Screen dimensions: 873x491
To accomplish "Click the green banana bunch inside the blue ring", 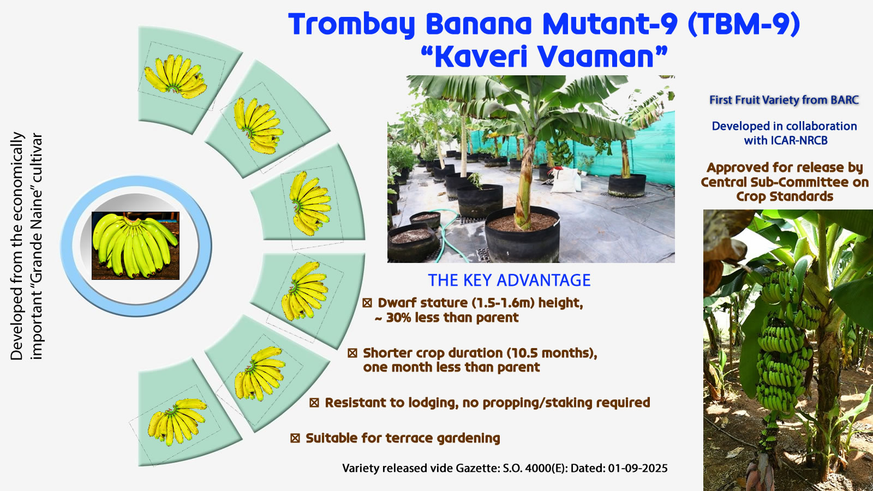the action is pyautogui.click(x=136, y=245).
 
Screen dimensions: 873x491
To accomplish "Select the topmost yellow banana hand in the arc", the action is pyautogui.click(x=175, y=76).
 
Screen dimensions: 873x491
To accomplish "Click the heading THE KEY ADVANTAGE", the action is pyautogui.click(x=509, y=280).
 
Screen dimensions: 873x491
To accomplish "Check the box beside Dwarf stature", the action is pyautogui.click(x=367, y=303).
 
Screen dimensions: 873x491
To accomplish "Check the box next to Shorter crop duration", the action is pyautogui.click(x=352, y=353).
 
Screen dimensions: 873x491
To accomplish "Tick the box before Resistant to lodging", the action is pyautogui.click(x=314, y=403).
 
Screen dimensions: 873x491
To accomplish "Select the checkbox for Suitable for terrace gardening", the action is pyautogui.click(x=295, y=439).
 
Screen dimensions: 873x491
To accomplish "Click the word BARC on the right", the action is pyautogui.click(x=845, y=100).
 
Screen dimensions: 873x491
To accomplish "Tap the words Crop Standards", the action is pyautogui.click(x=785, y=196).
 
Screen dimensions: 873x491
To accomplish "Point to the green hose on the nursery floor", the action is pyautogui.click(x=448, y=234).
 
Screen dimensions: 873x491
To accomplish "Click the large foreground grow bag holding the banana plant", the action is pyautogui.click(x=522, y=234).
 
